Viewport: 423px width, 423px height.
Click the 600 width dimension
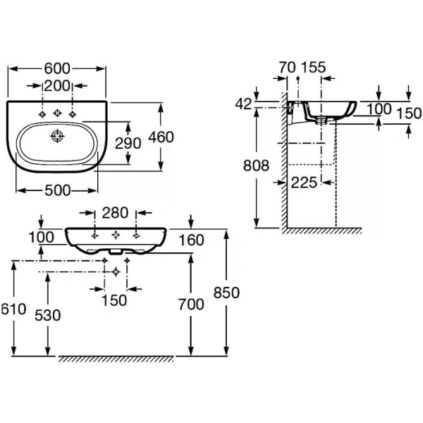click(57, 68)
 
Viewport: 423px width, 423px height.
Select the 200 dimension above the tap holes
click(57, 87)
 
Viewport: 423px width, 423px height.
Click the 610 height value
click(13, 308)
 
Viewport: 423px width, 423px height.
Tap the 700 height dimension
click(190, 304)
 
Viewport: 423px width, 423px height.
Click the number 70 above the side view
click(286, 68)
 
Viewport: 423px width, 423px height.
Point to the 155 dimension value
click(313, 68)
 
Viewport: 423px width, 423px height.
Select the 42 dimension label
click(244, 104)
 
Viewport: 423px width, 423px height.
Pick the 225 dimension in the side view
click(304, 182)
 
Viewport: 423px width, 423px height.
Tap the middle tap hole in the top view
click(57, 113)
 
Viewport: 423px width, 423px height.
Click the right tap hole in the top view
click(72, 113)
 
